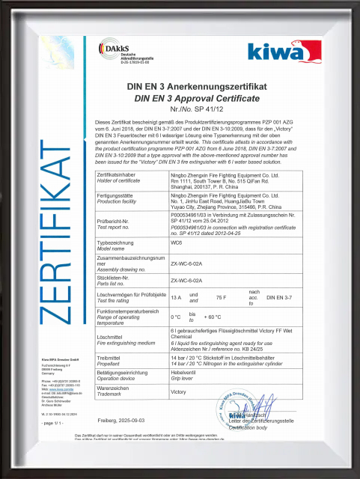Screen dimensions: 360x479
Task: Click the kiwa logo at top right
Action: [285, 53]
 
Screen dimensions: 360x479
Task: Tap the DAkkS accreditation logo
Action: [122, 53]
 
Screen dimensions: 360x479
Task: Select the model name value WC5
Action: [177, 245]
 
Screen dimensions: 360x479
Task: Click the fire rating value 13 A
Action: [177, 297]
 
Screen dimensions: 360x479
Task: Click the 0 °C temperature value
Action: [176, 317]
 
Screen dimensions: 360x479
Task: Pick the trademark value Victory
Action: [178, 391]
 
